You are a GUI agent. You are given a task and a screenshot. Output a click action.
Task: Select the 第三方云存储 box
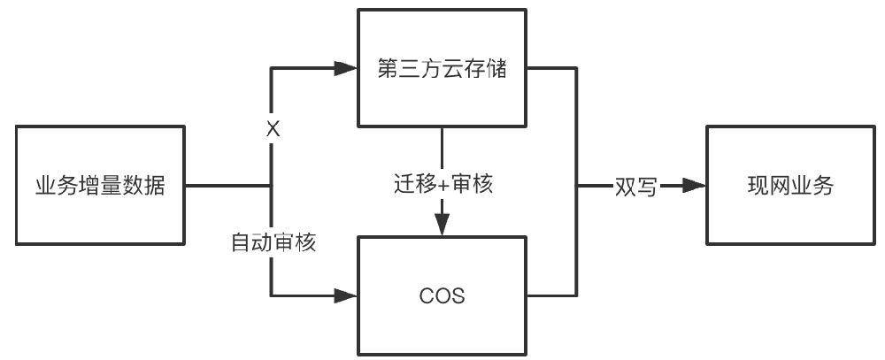coord(442,68)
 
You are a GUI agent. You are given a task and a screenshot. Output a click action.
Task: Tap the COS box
coord(442,295)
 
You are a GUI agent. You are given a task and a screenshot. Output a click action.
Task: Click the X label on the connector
coord(273,129)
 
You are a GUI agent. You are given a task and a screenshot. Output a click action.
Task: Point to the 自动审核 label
coord(273,241)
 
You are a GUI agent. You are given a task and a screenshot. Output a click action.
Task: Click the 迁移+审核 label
coord(442,186)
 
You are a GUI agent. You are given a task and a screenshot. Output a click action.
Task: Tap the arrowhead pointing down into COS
coord(442,226)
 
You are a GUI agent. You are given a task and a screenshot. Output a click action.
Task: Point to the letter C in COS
coord(426,296)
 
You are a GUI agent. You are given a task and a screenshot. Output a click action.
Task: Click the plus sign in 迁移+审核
coord(442,186)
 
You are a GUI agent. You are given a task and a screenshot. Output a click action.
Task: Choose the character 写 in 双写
coord(646,187)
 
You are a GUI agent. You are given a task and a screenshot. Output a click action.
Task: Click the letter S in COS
coord(458,296)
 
